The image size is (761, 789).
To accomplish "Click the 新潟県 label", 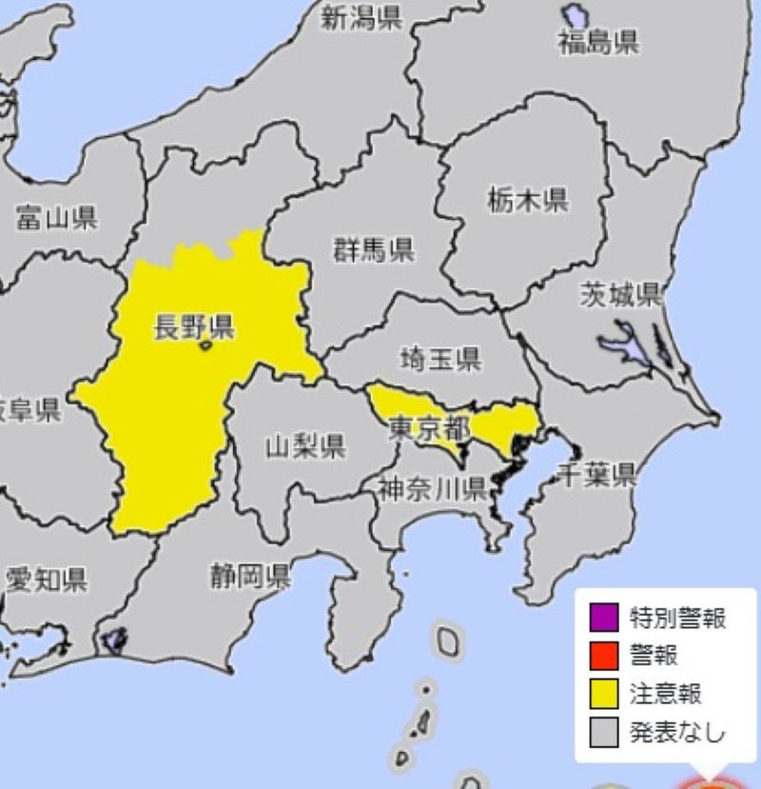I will [x=361, y=18].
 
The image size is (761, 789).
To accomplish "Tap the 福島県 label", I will [x=598, y=42].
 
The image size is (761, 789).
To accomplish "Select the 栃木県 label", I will [x=528, y=201].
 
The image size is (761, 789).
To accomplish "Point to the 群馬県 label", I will [x=373, y=251].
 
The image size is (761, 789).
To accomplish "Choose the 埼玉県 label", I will [x=440, y=359].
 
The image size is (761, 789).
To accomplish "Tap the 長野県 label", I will [x=194, y=328].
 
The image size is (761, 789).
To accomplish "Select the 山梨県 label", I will [x=304, y=446].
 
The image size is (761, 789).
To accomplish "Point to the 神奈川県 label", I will [x=433, y=489].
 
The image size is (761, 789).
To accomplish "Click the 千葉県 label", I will [x=597, y=475].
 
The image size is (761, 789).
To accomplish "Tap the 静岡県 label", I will [x=250, y=575].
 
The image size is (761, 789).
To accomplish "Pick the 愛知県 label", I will [x=47, y=578].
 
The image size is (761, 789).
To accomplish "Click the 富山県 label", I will [x=56, y=220].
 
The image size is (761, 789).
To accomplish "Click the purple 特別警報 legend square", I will [x=603, y=619].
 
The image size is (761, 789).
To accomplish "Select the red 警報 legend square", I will [x=603, y=656].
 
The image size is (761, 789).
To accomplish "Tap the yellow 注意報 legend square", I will [x=603, y=694].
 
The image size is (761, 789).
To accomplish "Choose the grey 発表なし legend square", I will [x=603, y=732].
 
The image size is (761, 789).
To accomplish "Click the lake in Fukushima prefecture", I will [x=575, y=16].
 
